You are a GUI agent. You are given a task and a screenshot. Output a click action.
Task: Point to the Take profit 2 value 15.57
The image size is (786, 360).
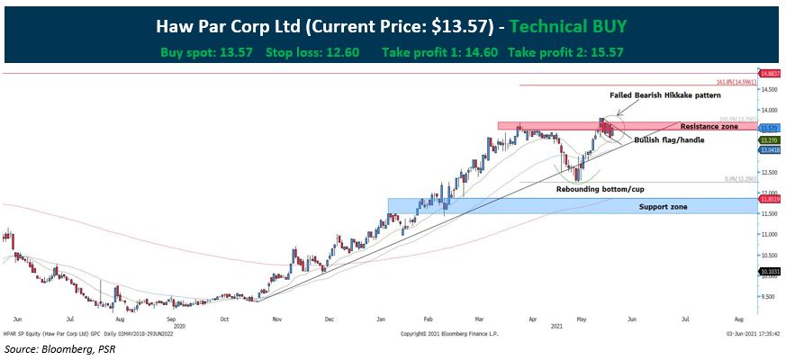point(605,52)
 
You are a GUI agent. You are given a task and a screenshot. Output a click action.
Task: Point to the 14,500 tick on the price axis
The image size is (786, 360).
point(768,90)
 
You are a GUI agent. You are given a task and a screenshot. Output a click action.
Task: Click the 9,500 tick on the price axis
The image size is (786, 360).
point(768,296)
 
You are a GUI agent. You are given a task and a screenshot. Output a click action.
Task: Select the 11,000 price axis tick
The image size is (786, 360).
point(768,234)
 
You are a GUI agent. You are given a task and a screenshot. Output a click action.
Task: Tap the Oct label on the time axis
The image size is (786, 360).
point(225,319)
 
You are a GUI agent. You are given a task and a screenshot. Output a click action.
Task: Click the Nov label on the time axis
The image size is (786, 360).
point(277,319)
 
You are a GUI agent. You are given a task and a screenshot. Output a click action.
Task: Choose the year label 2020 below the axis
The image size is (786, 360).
point(177,326)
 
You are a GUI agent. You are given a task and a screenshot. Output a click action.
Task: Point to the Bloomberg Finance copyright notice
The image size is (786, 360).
point(447,333)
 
